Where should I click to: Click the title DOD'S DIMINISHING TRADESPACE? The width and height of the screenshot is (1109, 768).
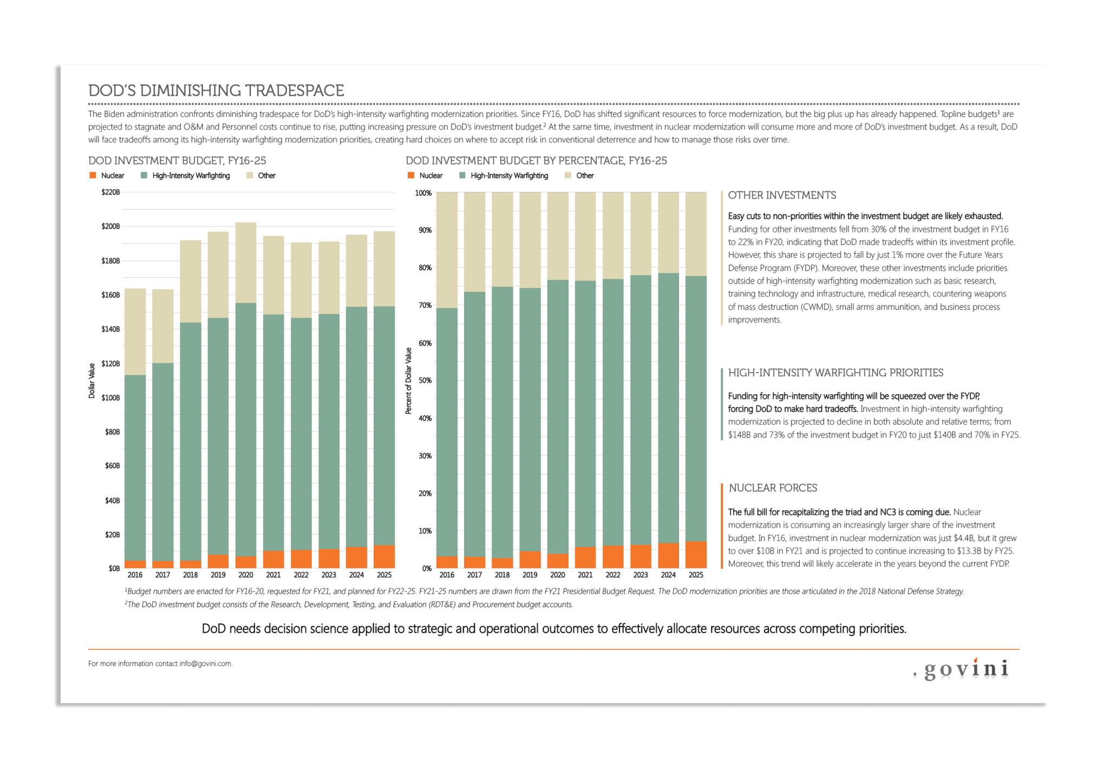[216, 90]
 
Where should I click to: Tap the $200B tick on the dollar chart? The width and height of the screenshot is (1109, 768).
[110, 226]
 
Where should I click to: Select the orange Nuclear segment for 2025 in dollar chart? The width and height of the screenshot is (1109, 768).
[384, 556]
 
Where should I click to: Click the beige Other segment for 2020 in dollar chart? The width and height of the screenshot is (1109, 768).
[246, 263]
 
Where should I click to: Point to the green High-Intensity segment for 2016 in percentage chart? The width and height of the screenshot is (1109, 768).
[447, 432]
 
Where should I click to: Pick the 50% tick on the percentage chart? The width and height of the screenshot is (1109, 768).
[425, 381]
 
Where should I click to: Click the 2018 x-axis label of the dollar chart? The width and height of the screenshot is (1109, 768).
[190, 575]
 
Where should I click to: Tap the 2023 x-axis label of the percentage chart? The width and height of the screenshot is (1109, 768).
[641, 575]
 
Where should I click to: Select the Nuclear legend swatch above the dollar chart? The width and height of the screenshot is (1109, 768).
[93, 175]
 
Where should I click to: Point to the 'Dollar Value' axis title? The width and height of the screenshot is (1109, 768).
[92, 381]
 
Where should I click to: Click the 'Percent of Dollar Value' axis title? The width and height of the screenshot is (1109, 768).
[408, 381]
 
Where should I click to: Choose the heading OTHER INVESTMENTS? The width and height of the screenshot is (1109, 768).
[781, 196]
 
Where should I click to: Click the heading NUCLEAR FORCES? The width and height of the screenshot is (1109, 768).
[772, 488]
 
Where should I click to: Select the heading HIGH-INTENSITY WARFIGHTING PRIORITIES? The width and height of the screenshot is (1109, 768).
[835, 373]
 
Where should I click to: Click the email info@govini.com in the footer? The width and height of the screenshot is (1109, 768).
[205, 664]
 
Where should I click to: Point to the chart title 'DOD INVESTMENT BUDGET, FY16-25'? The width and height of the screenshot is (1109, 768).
[177, 161]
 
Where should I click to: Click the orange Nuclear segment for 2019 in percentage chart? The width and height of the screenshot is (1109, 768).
[530, 559]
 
